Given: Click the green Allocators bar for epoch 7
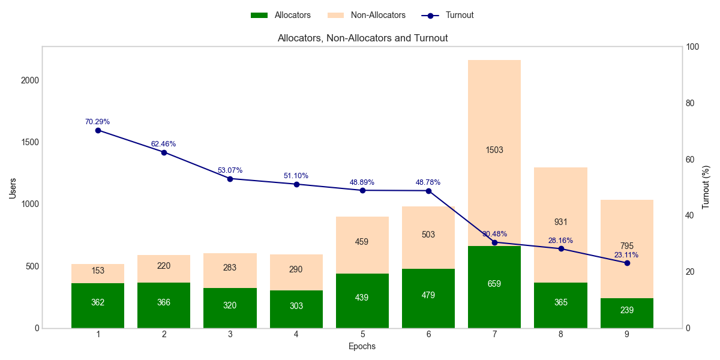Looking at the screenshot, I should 494,287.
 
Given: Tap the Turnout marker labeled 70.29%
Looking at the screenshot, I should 98,130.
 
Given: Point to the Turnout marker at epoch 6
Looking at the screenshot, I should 428,191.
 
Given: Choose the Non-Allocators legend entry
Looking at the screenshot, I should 368,15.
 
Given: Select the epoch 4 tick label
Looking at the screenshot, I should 296,334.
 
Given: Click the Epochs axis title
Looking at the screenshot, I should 362,346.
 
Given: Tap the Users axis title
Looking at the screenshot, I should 13,187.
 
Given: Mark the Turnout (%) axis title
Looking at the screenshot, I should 706,187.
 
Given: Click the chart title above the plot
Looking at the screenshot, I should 362,38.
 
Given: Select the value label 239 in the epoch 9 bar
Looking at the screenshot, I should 626,310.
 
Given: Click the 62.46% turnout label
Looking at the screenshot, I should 164,144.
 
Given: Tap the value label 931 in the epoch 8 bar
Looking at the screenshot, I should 560,222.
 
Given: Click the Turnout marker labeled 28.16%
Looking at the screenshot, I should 561,248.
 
